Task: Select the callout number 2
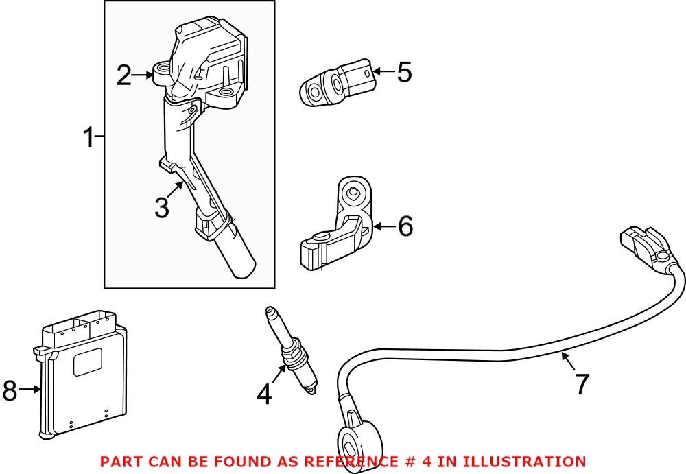point(123,75)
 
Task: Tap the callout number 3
point(161,207)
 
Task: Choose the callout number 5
point(404,72)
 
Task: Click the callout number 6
point(405,226)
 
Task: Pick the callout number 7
point(582,385)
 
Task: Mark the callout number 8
point(10,391)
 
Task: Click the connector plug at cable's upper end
point(641,247)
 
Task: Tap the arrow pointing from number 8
point(31,390)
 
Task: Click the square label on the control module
point(88,362)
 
